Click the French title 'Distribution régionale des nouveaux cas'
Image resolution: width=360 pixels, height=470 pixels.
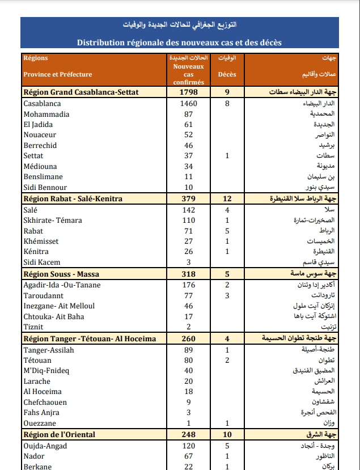tap(179, 43)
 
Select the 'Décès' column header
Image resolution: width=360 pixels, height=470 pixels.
tap(227, 74)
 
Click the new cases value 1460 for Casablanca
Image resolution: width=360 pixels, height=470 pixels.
tap(188, 104)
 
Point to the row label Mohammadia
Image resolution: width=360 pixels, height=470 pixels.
tap(46, 114)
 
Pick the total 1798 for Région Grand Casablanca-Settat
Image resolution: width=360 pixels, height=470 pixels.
tap(188, 92)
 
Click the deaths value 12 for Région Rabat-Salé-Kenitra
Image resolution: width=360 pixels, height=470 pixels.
tap(227, 199)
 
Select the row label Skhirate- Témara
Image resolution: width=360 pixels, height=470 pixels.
tap(53, 220)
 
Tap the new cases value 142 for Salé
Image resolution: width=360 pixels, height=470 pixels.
tap(188, 210)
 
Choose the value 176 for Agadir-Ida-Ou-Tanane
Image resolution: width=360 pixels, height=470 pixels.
tap(188, 285)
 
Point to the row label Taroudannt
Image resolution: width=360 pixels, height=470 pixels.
tap(43, 295)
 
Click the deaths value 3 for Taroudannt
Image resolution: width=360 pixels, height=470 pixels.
tap(227, 295)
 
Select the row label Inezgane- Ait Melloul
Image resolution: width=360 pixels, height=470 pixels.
tap(59, 306)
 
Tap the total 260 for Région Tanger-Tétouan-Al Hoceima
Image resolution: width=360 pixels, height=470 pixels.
tap(188, 339)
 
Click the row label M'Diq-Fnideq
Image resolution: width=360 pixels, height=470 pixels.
tap(46, 371)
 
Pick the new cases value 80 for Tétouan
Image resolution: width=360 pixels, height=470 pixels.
tap(188, 360)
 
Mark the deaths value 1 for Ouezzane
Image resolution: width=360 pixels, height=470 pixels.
tap(227, 424)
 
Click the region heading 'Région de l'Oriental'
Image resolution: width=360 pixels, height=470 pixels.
tap(59, 435)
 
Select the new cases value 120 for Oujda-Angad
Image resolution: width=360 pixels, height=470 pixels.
tap(188, 446)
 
